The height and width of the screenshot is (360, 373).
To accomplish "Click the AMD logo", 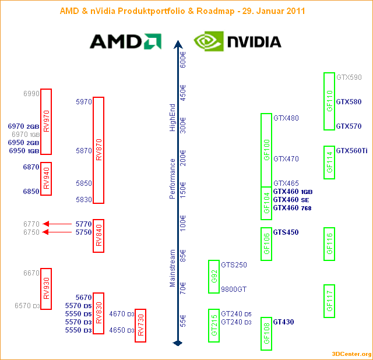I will [x=125, y=41].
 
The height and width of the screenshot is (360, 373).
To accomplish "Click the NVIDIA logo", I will [x=238, y=41].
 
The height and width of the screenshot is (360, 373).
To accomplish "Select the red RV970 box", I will [x=46, y=121].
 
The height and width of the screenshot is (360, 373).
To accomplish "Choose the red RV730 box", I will [x=140, y=325].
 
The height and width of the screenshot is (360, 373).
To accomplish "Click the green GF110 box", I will [x=329, y=101].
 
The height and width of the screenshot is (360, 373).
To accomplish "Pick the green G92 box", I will [x=214, y=277].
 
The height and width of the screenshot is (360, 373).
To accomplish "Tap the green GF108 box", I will [x=266, y=334].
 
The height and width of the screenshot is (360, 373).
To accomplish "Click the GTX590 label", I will [x=349, y=77].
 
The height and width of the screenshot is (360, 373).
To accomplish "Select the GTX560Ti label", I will [x=351, y=151].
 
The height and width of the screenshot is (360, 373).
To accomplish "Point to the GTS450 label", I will [x=286, y=232].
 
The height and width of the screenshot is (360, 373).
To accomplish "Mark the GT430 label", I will [x=283, y=322].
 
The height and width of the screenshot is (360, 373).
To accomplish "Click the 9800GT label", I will [x=234, y=290].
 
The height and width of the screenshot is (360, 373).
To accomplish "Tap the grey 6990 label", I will [x=31, y=94].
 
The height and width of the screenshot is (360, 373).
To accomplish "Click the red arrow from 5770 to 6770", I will [x=58, y=224].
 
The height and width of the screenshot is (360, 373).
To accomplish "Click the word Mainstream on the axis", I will [x=173, y=268].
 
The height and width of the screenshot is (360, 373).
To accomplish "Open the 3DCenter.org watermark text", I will [x=351, y=354].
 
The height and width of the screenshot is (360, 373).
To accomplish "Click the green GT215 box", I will [x=214, y=325].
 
